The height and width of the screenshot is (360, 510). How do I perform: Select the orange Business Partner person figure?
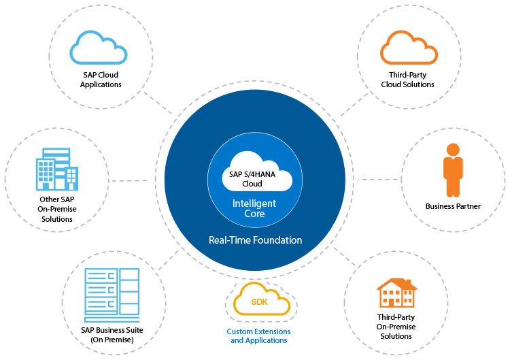pos(453,170)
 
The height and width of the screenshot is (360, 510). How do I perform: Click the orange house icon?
pos(397,293)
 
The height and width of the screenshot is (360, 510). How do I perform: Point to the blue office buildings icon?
pos(57,169)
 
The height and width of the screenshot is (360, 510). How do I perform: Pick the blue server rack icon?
pos(112,295)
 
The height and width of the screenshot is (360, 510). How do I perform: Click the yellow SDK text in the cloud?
pos(260,302)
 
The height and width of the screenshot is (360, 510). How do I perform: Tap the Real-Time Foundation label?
pos(255,240)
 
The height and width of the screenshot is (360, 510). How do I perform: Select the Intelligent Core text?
pos(254,208)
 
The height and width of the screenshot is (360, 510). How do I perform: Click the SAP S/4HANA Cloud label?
pos(252,179)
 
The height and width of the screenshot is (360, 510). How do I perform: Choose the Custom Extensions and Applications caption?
pos(258,336)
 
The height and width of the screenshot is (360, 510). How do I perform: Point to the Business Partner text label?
pos(453,206)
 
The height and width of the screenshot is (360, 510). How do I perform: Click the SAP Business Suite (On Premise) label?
pos(112,335)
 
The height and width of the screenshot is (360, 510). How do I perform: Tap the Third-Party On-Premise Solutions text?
pos(396,327)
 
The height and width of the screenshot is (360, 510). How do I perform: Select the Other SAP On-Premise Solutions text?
pos(57,209)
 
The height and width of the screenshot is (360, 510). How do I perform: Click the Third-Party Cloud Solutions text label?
pos(407,80)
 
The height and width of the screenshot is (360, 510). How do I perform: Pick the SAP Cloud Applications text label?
pos(101,80)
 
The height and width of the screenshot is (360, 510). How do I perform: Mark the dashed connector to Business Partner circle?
pos(377,180)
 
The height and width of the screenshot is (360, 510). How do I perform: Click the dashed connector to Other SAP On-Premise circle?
pos(129,180)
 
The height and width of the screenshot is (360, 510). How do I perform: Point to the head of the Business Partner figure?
pos(453,150)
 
